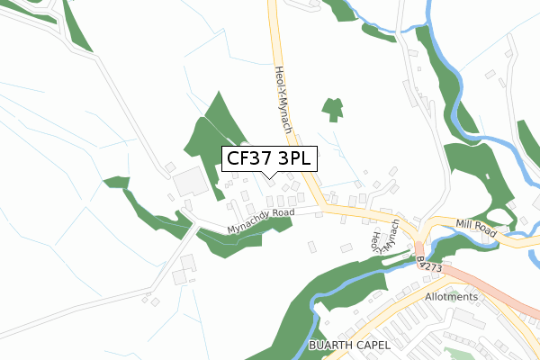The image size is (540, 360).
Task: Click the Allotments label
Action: click(452, 297)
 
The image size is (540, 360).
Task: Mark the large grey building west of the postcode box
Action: click(190, 183)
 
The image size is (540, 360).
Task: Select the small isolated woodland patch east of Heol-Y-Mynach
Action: click(333, 108)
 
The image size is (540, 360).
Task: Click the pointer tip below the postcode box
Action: click(269, 176)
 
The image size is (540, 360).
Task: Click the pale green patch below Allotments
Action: click(459, 354)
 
